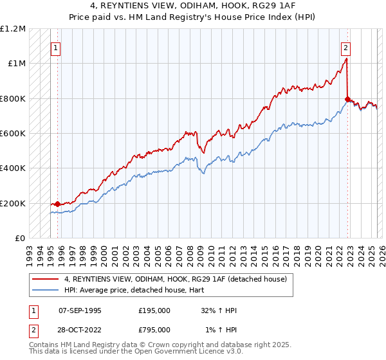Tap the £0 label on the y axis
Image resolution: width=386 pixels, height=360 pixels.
[21, 239]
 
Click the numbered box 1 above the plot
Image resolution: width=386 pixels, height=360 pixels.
[56, 47]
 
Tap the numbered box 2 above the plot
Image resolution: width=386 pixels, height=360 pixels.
[346, 47]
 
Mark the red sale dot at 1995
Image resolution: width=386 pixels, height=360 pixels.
[57, 204]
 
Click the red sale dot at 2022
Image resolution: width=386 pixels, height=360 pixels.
[347, 100]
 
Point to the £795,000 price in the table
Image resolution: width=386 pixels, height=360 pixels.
[154, 329]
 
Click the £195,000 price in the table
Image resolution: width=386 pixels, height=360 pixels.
[154, 310]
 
